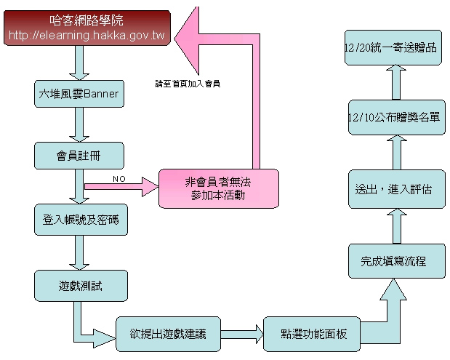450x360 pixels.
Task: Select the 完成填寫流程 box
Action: coord(396,260)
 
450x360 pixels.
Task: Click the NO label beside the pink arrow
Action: coord(118,177)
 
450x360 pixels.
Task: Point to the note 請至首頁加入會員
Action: coord(188,83)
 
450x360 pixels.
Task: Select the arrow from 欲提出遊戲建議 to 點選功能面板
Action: coord(241,335)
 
